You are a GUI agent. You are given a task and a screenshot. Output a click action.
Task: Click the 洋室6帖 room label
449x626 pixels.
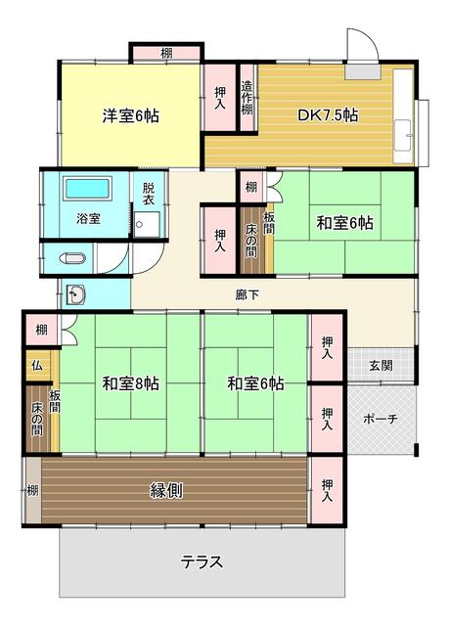coord(130,115)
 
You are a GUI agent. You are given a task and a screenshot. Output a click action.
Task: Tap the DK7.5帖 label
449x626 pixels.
coord(328,115)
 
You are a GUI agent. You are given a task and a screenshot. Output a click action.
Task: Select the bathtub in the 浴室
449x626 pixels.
coord(87,188)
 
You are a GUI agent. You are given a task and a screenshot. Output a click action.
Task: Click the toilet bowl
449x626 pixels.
coord(72,258)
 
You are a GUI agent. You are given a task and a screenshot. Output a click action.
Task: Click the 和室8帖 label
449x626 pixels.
coord(130,383)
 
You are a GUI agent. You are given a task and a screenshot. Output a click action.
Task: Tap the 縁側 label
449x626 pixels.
coord(166,490)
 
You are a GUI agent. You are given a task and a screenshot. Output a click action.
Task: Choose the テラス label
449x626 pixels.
coord(202,562)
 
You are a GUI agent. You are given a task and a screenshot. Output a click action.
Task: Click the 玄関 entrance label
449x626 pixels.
coord(381,365)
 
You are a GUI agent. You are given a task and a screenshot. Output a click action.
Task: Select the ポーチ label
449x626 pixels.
coord(381,419)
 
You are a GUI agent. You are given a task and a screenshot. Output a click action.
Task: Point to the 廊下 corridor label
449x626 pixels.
coord(247,295)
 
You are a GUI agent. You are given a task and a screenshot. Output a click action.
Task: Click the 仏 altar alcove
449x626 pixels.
coord(37,365)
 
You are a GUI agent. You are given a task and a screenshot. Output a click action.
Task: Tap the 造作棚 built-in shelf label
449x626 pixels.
coord(247,98)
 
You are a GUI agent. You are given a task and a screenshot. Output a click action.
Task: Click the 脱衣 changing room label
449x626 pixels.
coord(149,194)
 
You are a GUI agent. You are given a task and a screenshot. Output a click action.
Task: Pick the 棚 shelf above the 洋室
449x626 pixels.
coord(166,53)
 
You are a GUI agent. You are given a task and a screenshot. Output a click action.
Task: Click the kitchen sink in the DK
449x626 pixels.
coord(403,135)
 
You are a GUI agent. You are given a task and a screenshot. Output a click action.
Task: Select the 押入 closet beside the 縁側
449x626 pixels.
coord(328,490)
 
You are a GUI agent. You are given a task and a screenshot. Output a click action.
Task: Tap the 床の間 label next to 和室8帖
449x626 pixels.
coord(37,420)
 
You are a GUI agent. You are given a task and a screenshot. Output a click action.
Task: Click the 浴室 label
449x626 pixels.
coord(88,218)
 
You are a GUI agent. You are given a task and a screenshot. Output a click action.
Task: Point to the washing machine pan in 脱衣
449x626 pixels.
coord(147,225)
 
